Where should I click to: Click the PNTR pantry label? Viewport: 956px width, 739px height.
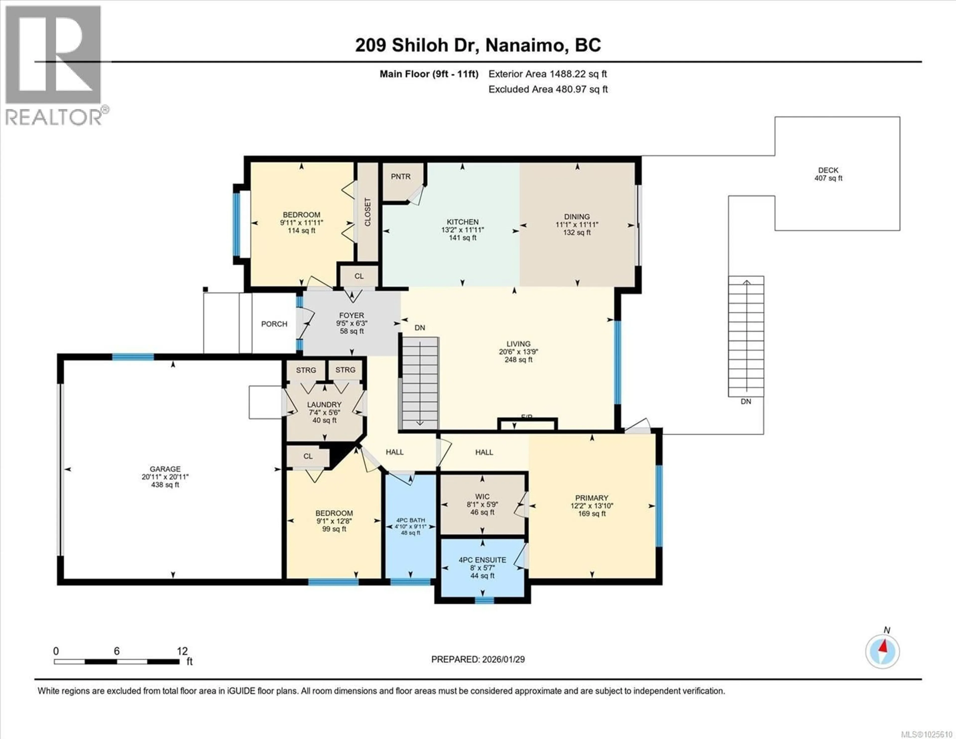tap(401, 177)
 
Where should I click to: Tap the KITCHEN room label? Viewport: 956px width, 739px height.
tap(462, 222)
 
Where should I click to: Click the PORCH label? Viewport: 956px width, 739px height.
tap(274, 324)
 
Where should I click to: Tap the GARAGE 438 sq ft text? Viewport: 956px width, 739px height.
tap(165, 485)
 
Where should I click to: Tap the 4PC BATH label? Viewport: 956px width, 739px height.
tap(411, 520)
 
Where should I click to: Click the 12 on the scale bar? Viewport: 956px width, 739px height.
tap(182, 651)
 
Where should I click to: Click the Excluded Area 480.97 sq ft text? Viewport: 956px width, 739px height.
tap(548, 89)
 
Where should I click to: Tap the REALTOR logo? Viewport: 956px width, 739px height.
tap(54, 66)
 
